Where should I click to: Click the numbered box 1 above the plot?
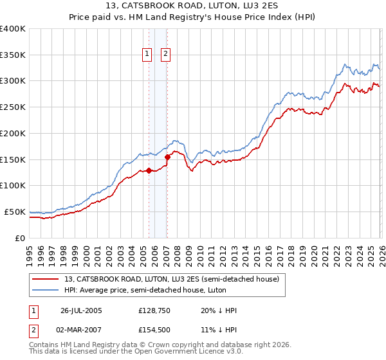[x=148, y=55]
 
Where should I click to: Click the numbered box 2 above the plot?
[x=165, y=55]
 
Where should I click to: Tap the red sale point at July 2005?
[x=149, y=170]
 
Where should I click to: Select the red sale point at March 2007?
[x=167, y=156]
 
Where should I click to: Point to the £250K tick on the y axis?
[x=13, y=107]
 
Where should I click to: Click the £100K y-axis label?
[x=13, y=186]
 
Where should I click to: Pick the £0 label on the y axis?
[x=19, y=238]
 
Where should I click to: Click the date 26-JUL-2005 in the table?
[x=81, y=310]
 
